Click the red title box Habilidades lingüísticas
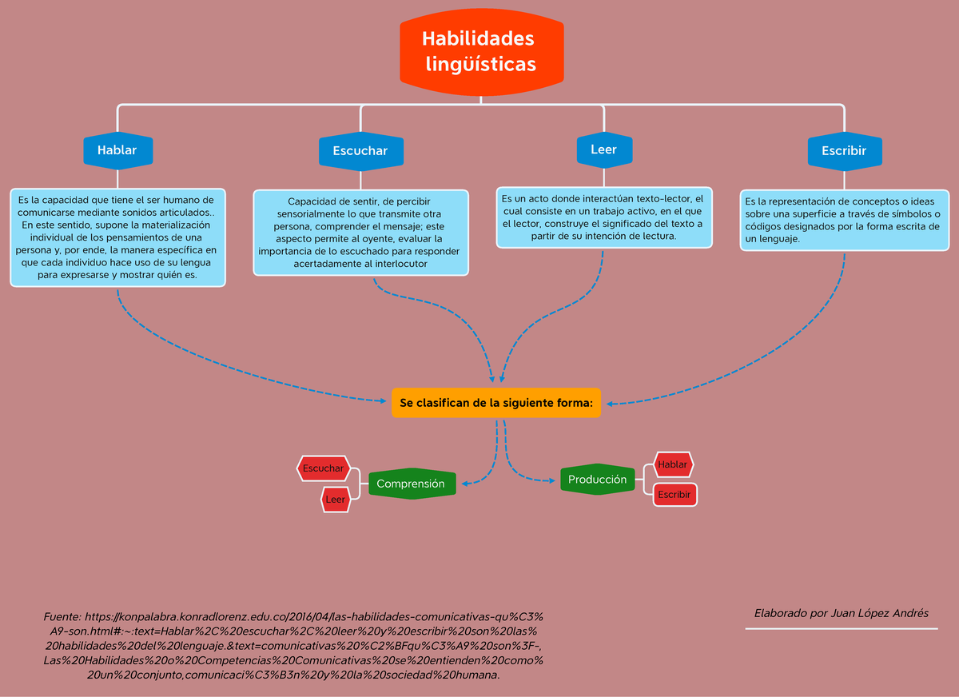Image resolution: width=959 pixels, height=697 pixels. click(481, 51)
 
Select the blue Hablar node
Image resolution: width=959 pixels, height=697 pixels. click(117, 149)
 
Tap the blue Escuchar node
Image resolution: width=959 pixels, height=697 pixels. click(360, 150)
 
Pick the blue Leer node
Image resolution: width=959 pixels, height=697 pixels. click(603, 149)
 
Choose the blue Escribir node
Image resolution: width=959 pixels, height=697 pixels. click(843, 150)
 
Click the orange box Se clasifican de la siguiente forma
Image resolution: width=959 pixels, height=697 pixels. click(496, 403)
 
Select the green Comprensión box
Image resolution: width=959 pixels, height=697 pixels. click(411, 484)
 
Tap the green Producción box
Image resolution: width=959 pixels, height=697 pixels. click(597, 480)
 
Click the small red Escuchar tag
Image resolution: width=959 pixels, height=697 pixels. click(323, 468)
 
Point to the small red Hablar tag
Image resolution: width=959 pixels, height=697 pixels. click(673, 464)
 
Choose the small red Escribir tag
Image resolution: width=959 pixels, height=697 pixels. click(674, 495)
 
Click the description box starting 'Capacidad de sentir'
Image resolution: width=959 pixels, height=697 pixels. click(361, 233)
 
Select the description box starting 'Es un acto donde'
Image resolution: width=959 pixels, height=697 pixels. click(603, 217)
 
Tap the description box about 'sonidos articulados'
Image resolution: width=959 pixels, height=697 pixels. click(117, 237)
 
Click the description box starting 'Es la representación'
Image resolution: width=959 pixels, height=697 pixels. click(844, 220)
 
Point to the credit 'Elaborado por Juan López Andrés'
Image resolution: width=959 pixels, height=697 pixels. click(842, 613)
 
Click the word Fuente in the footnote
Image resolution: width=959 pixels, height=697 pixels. click(62, 617)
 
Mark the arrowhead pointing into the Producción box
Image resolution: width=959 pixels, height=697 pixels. click(551, 480)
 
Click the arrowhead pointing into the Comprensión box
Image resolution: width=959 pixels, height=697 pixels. click(466, 483)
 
